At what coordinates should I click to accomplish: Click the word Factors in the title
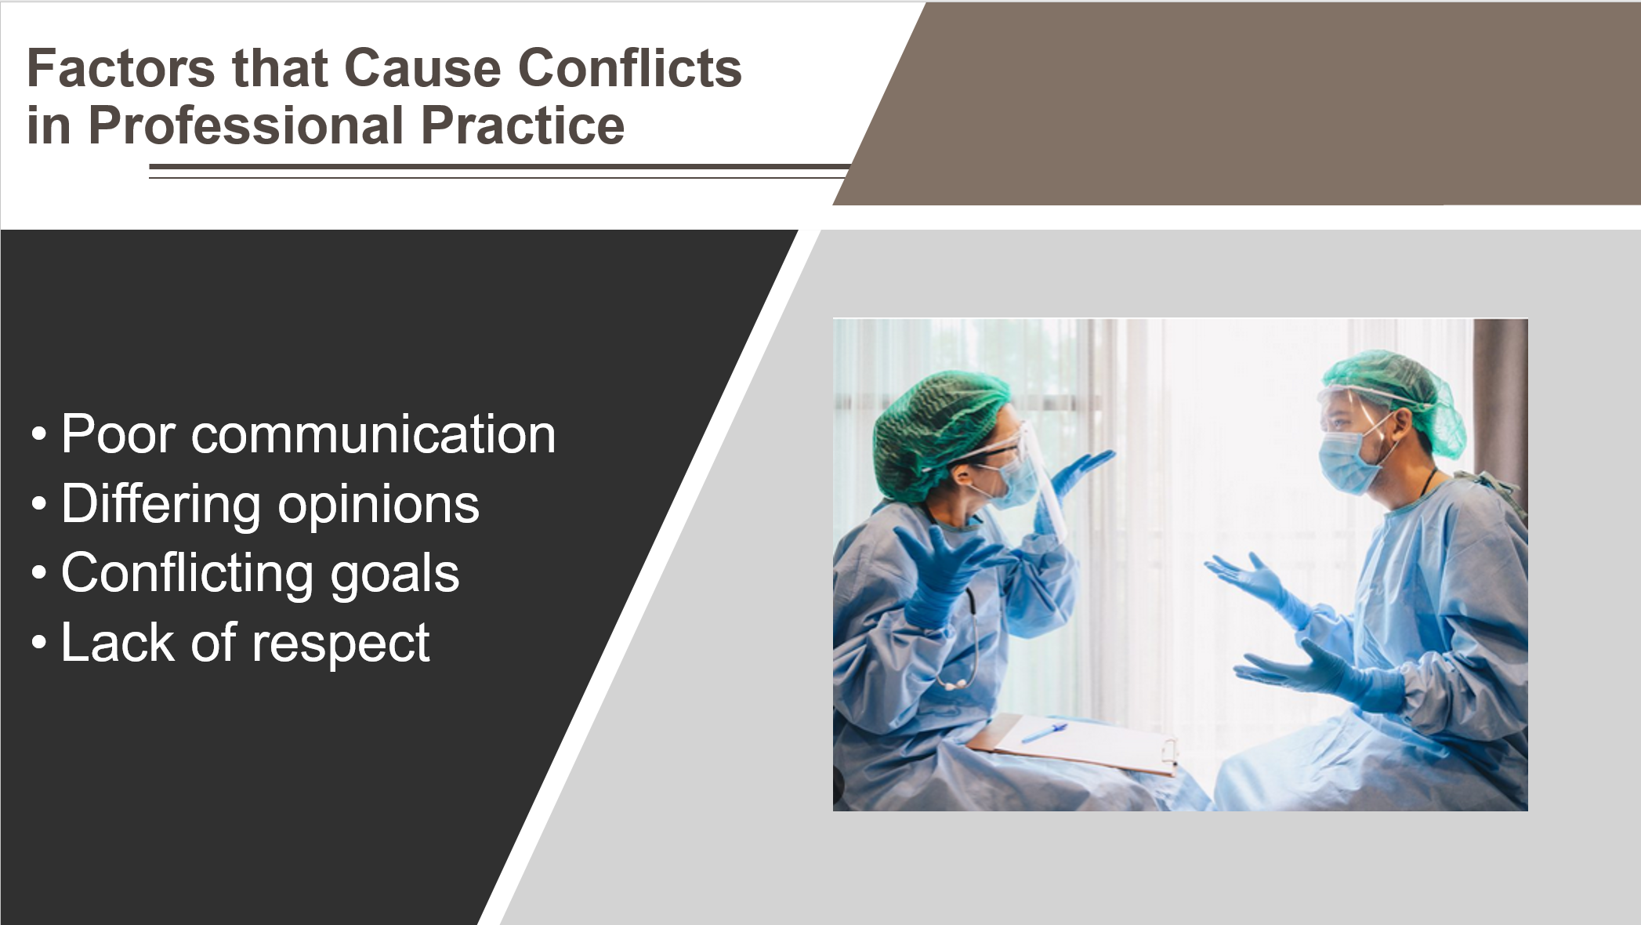tap(121, 68)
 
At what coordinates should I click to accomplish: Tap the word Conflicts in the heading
tap(630, 68)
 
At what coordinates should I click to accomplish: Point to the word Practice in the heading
tap(523, 126)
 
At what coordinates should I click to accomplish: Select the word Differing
tap(161, 506)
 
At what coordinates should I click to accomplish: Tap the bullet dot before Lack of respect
tap(39, 644)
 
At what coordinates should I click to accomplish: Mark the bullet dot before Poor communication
tap(39, 434)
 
